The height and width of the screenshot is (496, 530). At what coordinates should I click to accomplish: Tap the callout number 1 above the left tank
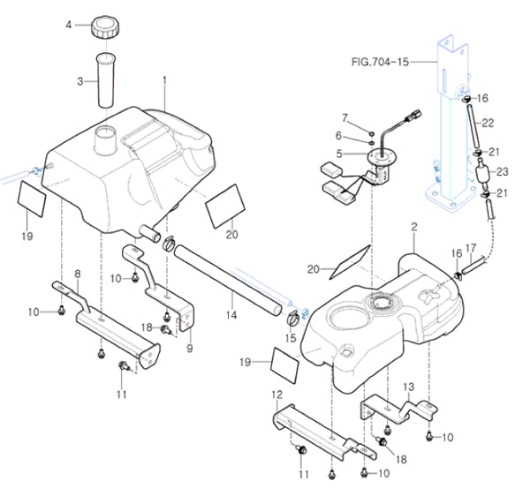[x=165, y=80]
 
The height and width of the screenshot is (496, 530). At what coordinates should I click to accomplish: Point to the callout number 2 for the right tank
[x=413, y=227]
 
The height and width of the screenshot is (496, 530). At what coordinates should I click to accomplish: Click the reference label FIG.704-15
[x=390, y=63]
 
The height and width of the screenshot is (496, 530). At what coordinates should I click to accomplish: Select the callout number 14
[x=231, y=313]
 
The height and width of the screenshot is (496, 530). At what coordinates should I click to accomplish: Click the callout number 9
[x=189, y=348]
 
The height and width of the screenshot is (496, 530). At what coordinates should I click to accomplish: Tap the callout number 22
[x=487, y=122]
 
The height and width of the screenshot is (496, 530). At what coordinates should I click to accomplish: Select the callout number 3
[x=80, y=81]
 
